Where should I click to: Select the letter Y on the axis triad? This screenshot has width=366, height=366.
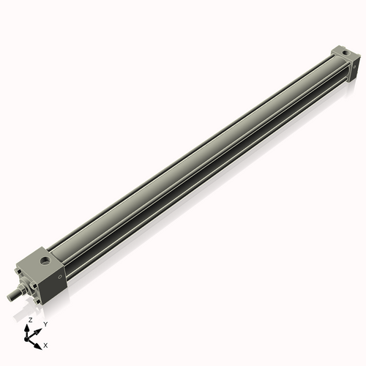[45, 324]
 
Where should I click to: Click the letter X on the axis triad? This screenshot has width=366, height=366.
[46, 344]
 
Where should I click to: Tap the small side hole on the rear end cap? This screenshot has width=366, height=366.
[356, 67]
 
